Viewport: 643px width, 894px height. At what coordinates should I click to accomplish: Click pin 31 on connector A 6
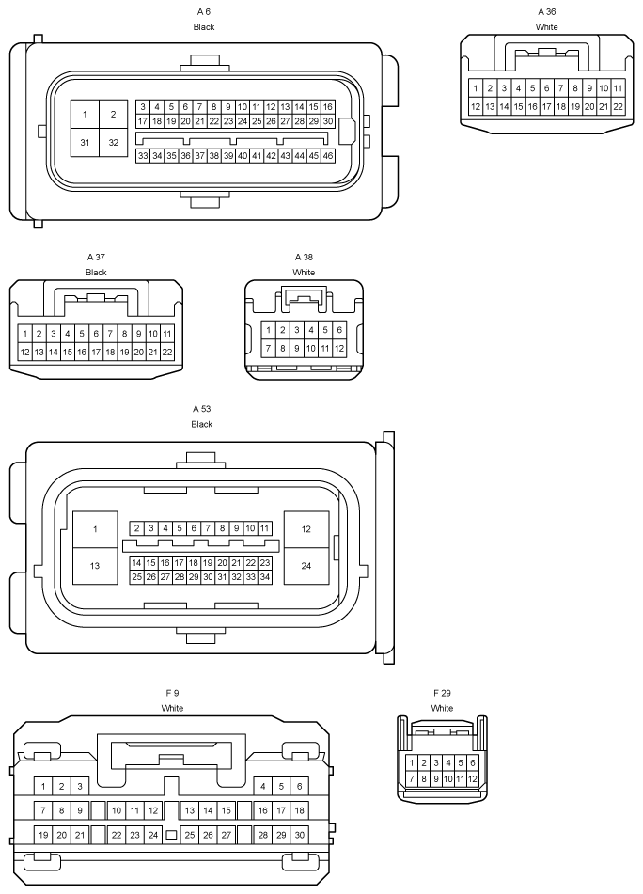[x=85, y=143]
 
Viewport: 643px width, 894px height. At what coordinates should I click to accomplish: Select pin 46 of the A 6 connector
[x=328, y=156]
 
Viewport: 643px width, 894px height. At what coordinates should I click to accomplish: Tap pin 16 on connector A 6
[x=328, y=106]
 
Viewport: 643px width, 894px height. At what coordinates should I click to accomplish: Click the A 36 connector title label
[x=547, y=11]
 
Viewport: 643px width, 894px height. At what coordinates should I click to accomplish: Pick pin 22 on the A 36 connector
[x=618, y=106]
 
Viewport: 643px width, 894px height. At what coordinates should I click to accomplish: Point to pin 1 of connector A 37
[x=24, y=334]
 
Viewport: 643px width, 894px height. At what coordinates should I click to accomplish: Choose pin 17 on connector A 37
[x=96, y=353]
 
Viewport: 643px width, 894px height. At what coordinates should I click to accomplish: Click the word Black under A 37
[x=96, y=272]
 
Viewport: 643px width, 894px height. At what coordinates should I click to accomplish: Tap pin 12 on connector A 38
[x=339, y=348]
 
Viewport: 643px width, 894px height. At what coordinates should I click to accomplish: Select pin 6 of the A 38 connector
[x=339, y=330]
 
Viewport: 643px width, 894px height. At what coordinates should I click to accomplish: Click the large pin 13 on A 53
[x=95, y=566]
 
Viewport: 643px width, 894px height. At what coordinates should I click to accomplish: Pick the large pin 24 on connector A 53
[x=306, y=566]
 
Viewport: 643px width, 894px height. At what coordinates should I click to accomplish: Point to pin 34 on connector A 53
[x=264, y=577]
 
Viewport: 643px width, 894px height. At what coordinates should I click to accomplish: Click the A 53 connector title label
[x=202, y=409]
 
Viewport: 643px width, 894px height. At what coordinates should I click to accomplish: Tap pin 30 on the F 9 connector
[x=299, y=835]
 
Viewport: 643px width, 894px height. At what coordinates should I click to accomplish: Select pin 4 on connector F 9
[x=263, y=786]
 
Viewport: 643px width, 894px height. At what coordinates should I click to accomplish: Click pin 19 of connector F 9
[x=43, y=835]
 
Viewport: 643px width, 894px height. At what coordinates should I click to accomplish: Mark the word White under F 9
[x=172, y=708]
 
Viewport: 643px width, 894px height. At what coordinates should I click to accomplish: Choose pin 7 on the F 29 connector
[x=412, y=778]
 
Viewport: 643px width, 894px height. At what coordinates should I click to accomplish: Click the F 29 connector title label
[x=442, y=694]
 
